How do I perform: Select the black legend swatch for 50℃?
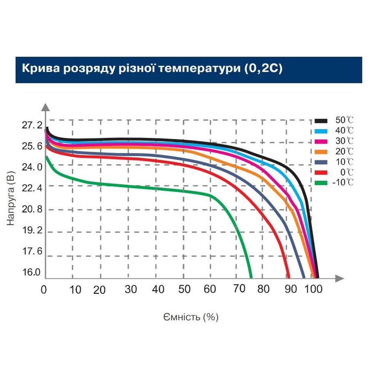pyautogui.click(x=320, y=121)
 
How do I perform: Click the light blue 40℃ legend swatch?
pyautogui.click(x=320, y=131)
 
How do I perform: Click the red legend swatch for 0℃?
pyautogui.click(x=320, y=172)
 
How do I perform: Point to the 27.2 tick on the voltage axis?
pyautogui.click(x=32, y=125)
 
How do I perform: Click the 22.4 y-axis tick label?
pyautogui.click(x=32, y=188)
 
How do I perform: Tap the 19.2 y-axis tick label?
pyautogui.click(x=32, y=230)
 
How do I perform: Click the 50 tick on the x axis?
pyautogui.click(x=185, y=290)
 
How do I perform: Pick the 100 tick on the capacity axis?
pyautogui.click(x=313, y=290)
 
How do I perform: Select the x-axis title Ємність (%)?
pyautogui.click(x=191, y=317)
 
